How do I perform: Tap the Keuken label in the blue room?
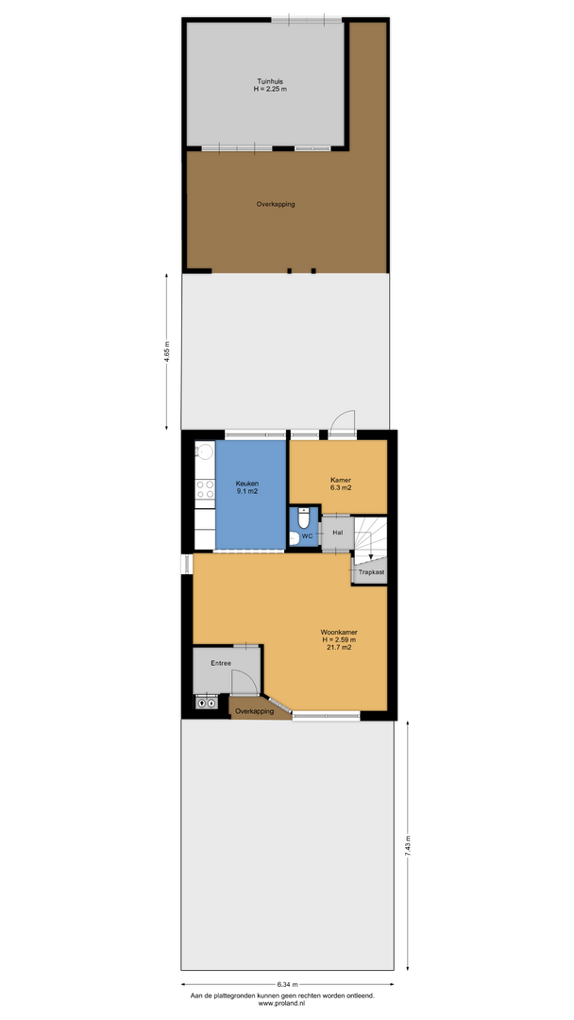(247, 484)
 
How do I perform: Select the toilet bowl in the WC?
(304, 519)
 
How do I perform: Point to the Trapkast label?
(372, 572)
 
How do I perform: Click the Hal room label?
(337, 533)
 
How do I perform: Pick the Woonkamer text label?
(339, 632)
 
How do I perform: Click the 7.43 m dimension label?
(408, 846)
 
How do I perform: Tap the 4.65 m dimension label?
(167, 352)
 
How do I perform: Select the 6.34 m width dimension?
(287, 984)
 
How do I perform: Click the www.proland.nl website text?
(281, 1004)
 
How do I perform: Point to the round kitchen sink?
(205, 450)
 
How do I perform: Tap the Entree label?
(220, 664)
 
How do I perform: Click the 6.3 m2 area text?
(341, 487)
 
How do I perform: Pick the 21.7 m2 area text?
(339, 647)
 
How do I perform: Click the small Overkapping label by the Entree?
(254, 712)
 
